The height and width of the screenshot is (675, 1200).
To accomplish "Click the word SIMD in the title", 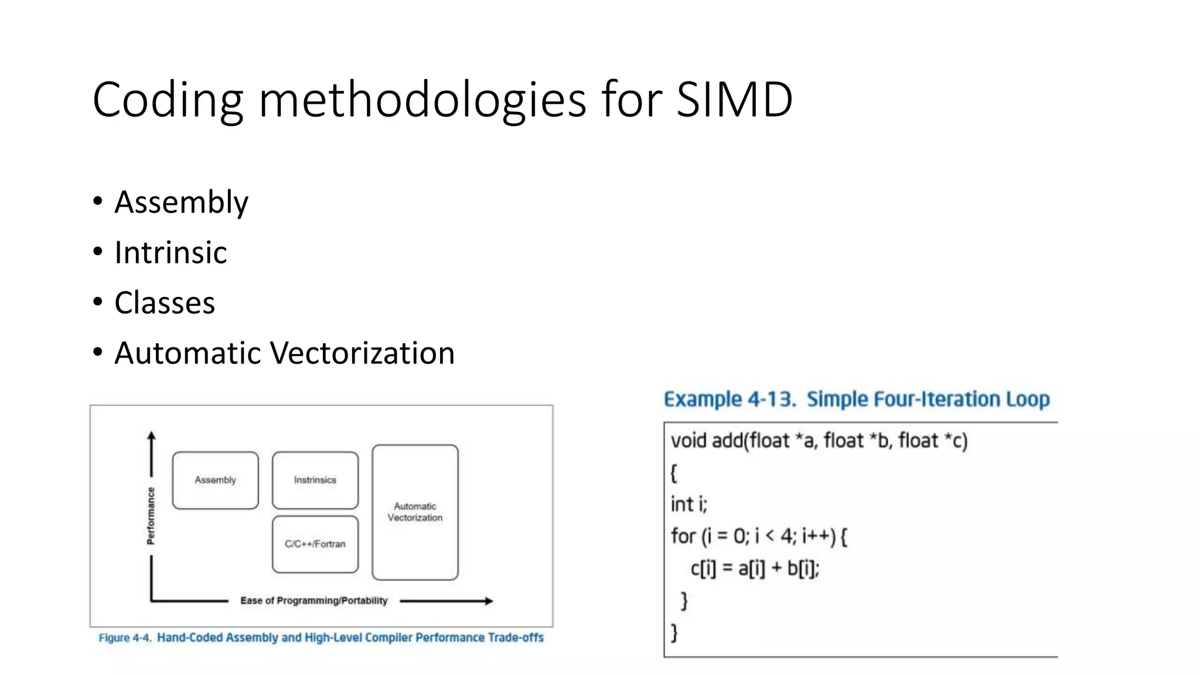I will pos(734,100).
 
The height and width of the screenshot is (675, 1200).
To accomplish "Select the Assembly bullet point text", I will pos(181,203).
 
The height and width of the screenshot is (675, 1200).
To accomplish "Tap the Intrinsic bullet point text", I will pos(171,253).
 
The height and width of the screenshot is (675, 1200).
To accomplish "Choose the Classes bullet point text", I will pos(165,303).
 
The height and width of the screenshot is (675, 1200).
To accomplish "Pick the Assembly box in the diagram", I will pos(215,480).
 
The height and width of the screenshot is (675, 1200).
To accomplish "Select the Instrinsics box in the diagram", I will pos(315,480).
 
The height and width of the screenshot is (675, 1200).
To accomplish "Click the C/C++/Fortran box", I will pos(315,544).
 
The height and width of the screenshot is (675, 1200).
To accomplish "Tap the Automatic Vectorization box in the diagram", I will pos(415,512).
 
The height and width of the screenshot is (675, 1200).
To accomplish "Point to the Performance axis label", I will pos(151,516).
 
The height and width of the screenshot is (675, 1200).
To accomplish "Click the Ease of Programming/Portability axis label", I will pos(313,601).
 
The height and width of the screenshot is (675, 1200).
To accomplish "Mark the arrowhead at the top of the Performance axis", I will pos(151,436).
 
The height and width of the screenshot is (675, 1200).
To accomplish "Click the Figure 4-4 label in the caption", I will pos(125,637).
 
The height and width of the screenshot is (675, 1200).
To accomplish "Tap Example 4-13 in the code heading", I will pos(729,400).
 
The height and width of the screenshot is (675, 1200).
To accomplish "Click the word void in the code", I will pos(688,441).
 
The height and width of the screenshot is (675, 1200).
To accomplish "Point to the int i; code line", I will pos(689,504).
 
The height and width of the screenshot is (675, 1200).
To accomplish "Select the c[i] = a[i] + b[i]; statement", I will pos(755,568).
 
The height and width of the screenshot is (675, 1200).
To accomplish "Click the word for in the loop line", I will pos(683,536).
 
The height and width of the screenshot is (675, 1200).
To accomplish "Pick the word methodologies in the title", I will pos(422,100).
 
